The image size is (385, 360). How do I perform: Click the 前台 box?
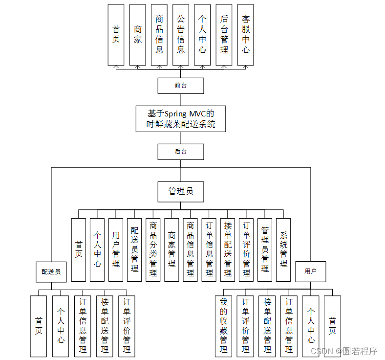pyautogui.click(x=180, y=86)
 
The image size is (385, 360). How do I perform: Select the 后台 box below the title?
pyautogui.click(x=180, y=152)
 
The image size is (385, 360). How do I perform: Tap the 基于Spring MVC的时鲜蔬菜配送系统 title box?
pyautogui.click(x=181, y=118)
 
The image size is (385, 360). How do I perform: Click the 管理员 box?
pyautogui.click(x=180, y=191)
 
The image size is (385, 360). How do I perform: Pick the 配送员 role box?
pyautogui.click(x=51, y=271)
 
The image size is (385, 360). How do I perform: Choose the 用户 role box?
pyautogui.click(x=310, y=271)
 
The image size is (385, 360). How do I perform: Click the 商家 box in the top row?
pyautogui.click(x=137, y=35)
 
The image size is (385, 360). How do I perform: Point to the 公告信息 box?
pyautogui.click(x=181, y=35)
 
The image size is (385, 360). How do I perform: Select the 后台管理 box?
pyautogui.click(x=224, y=35)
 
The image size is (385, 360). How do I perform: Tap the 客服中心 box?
pyautogui.click(x=245, y=35)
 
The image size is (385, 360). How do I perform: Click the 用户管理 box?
pyautogui.click(x=116, y=249)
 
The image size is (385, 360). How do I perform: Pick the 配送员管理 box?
pyautogui.click(x=134, y=249)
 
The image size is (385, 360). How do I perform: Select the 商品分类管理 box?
pyautogui.click(x=153, y=249)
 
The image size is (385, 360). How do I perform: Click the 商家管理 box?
pyautogui.click(x=171, y=249)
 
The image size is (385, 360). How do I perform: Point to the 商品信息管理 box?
pyautogui.click(x=190, y=249)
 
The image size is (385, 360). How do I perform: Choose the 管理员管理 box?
pyautogui.click(x=265, y=249)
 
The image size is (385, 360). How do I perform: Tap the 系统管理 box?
pyautogui.click(x=283, y=249)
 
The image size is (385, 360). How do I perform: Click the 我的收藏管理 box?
pyautogui.click(x=223, y=326)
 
